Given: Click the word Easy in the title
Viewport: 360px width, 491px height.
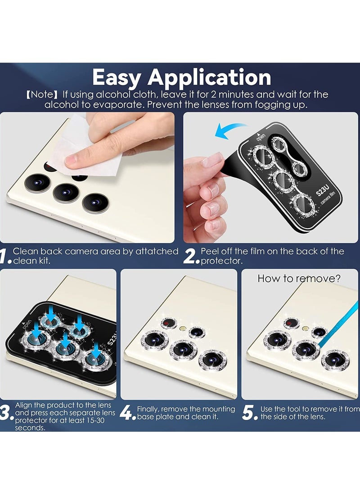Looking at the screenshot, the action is pyautogui.click(x=117, y=78).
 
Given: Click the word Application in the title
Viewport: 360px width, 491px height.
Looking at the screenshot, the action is pyautogui.click(x=209, y=78).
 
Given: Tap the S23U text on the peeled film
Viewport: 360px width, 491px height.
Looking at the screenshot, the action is pyautogui.click(x=323, y=190).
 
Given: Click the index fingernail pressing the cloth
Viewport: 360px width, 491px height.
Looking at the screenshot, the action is pyautogui.click(x=72, y=161).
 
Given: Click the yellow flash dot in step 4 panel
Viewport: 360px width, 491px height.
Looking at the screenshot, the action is pyautogui.click(x=183, y=329).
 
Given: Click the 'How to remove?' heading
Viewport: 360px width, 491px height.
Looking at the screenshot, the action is pyautogui.click(x=299, y=279).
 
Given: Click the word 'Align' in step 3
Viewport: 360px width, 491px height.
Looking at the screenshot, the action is pyautogui.click(x=23, y=405).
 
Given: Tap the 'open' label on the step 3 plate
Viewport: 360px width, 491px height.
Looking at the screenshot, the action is pyautogui.click(x=27, y=324).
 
